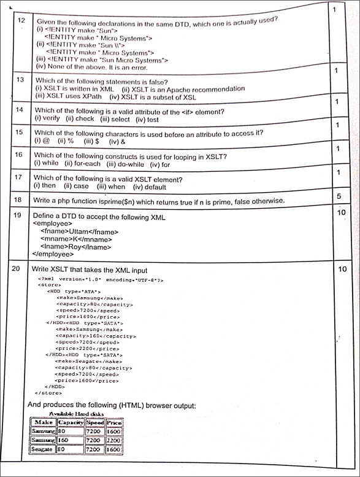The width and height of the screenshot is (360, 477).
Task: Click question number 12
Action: [21, 21]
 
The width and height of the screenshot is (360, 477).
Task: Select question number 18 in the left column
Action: [18, 200]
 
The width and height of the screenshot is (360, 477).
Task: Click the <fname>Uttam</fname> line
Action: [79, 231]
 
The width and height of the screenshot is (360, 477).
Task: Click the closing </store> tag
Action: [49, 393]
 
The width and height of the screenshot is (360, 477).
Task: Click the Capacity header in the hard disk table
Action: [71, 423]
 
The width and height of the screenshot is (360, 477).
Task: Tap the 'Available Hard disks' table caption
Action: [77, 414]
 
